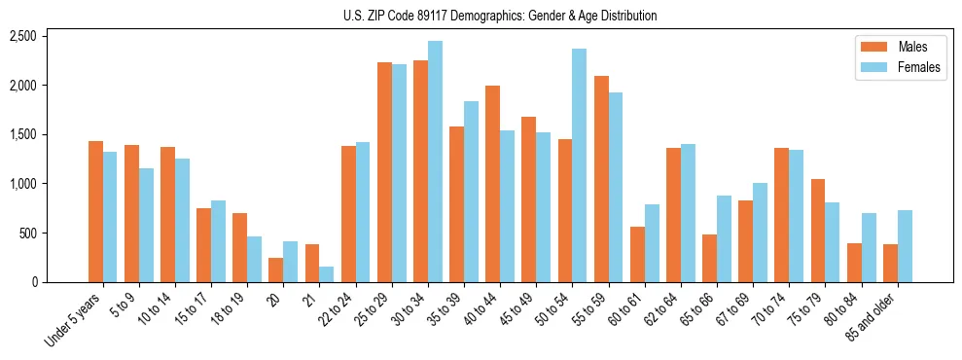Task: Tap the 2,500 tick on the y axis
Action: [22, 36]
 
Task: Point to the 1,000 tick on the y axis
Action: [22, 184]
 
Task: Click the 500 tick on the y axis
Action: [26, 234]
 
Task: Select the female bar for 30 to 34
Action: [435, 162]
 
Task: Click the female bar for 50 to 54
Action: [579, 165]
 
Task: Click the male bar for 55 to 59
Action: [601, 179]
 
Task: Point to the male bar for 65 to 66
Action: [709, 258]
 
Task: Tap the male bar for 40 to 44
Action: [493, 184]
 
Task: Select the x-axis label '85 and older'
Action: [886, 316]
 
